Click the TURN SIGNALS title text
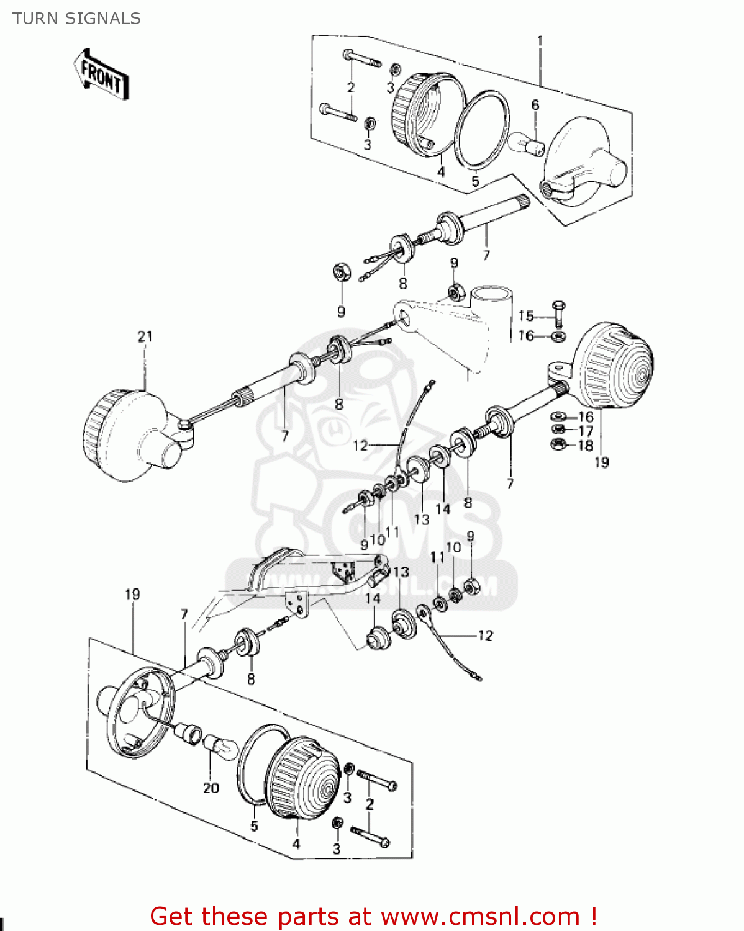pos(76,19)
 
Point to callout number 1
pos(539,42)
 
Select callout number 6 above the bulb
pos(535,105)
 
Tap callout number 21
pos(145,336)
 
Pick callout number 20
pos(211,788)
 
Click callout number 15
pos(526,316)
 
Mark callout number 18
pos(586,446)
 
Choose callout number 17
pos(586,431)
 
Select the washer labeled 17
pos(558,429)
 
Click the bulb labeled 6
pos(526,144)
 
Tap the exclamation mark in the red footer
pos(593,915)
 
